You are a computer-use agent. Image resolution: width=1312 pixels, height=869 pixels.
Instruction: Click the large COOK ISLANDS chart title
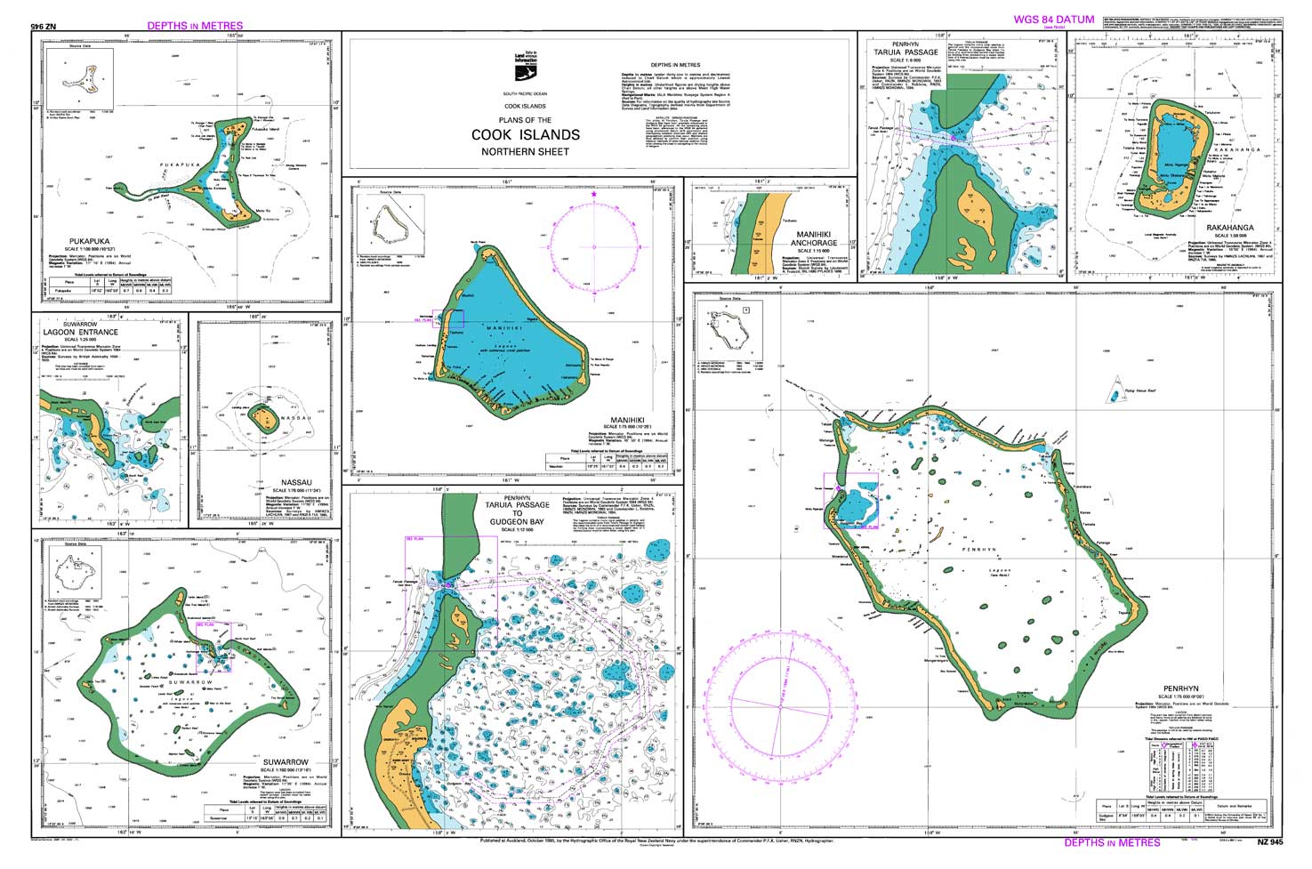[x=526, y=135]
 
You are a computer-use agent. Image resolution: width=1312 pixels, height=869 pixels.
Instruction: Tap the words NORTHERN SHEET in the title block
[x=525, y=152]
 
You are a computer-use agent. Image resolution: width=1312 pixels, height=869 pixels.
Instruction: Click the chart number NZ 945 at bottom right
[x=1269, y=842]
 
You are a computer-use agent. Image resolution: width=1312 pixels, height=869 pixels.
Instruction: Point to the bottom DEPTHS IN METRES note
[x=1112, y=842]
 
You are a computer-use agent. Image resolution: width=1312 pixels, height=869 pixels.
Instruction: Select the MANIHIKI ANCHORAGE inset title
[x=814, y=238]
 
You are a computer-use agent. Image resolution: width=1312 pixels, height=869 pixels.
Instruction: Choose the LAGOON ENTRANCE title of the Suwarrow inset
[x=80, y=333]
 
